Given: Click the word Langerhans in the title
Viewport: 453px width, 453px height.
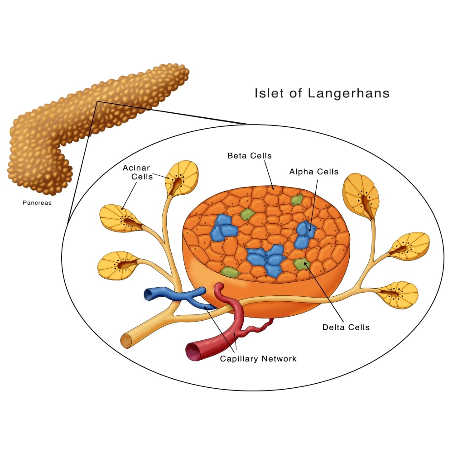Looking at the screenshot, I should (348, 94).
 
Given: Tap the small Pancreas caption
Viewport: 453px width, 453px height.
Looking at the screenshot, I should (37, 203).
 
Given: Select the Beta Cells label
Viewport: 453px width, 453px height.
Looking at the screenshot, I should (249, 156).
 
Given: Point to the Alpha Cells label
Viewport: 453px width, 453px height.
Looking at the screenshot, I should (314, 172).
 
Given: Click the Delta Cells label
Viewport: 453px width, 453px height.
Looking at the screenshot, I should (346, 327).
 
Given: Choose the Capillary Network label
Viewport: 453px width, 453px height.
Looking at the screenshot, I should (258, 359).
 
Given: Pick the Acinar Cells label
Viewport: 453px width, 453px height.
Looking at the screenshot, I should (137, 172).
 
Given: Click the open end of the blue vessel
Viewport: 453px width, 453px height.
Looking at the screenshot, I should (148, 295).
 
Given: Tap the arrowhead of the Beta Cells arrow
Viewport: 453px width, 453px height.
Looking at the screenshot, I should (274, 188).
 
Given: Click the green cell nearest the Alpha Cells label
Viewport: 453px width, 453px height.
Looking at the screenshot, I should (297, 200).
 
